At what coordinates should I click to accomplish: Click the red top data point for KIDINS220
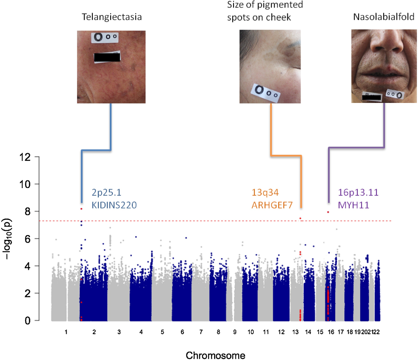[81, 209]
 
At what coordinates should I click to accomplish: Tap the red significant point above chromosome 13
[301, 219]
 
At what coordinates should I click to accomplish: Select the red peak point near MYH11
[328, 212]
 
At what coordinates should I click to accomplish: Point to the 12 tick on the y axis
[25, 157]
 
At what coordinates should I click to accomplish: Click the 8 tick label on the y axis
[28, 211]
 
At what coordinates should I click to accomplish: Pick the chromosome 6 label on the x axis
[182, 332]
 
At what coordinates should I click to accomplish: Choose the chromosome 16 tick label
[331, 332]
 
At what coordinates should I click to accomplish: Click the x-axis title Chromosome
[215, 355]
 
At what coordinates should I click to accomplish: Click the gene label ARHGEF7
[272, 205]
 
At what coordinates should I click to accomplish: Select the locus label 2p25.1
[106, 193]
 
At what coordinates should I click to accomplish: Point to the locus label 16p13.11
[358, 192]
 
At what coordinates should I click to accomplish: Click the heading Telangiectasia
[111, 17]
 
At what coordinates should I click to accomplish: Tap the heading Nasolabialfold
[384, 17]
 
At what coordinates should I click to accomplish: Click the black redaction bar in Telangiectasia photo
[107, 57]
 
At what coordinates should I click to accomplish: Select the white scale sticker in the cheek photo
[265, 92]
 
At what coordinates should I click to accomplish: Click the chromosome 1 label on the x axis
[66, 332]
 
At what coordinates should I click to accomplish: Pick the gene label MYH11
[354, 205]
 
